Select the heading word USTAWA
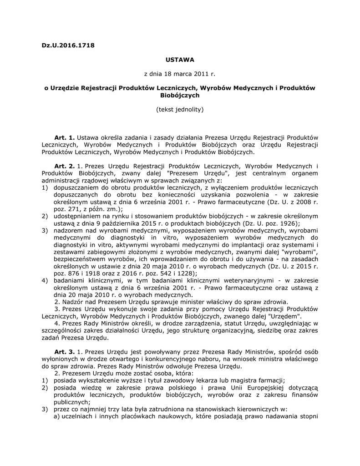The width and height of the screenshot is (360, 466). [180, 59]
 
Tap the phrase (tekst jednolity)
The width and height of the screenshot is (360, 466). [180, 109]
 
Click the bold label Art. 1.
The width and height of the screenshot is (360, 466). [64, 137]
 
